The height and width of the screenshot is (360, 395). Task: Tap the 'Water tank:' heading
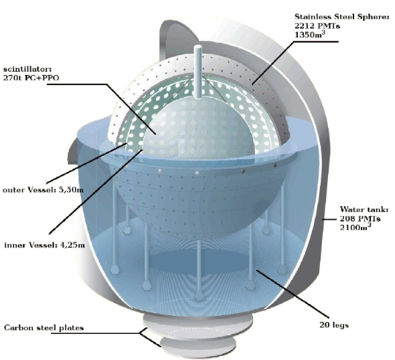(364, 209)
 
